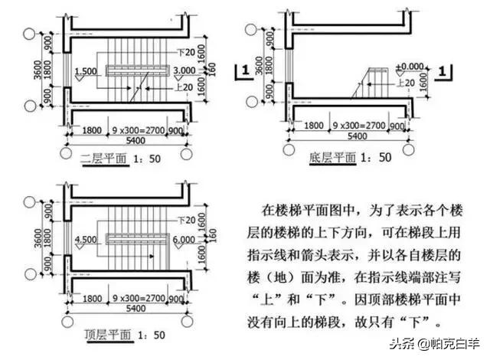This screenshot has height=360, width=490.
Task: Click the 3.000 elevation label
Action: (x=185, y=71)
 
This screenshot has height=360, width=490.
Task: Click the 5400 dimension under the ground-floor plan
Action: (x=354, y=136)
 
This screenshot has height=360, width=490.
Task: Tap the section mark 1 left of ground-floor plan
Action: (x=243, y=71)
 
